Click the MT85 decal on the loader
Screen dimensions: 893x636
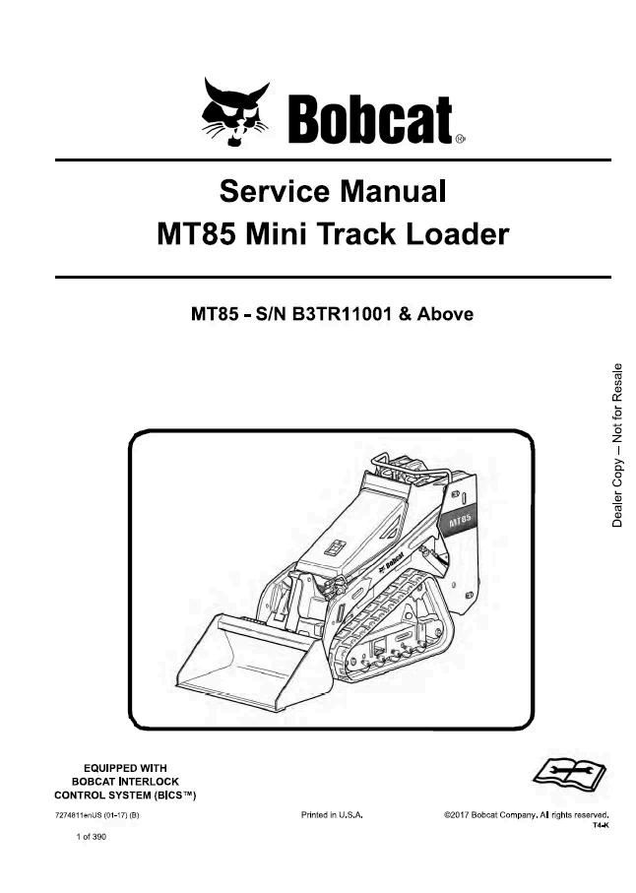pyautogui.click(x=460, y=519)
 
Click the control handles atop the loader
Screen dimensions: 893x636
pyautogui.click(x=410, y=468)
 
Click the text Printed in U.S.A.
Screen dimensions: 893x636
pyautogui.click(x=332, y=816)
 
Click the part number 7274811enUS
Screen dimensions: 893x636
pyautogui.click(x=80, y=816)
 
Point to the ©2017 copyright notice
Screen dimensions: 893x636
pyautogui.click(x=526, y=816)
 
